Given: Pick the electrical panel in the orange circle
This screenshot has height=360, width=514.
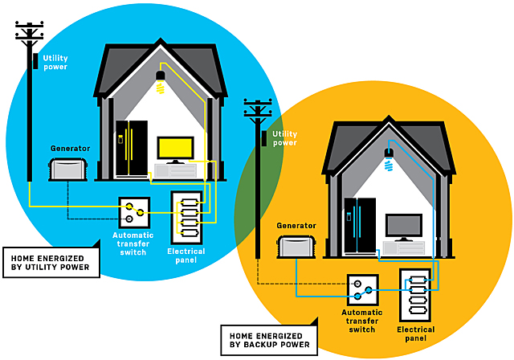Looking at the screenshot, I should click(x=418, y=294).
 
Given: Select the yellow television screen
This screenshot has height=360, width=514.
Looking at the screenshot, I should click(x=175, y=149).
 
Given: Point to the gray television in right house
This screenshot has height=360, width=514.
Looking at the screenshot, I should click(x=404, y=226).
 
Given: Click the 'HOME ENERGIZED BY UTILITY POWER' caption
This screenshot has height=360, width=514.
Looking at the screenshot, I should click(x=51, y=263).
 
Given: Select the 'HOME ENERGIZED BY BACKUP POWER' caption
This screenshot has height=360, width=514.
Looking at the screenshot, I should click(x=268, y=340).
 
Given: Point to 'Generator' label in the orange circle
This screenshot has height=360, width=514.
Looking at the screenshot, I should click(x=293, y=227).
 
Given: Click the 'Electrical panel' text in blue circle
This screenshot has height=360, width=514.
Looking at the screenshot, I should click(x=186, y=256).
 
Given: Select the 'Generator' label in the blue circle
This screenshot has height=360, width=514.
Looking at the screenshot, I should click(x=70, y=149).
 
